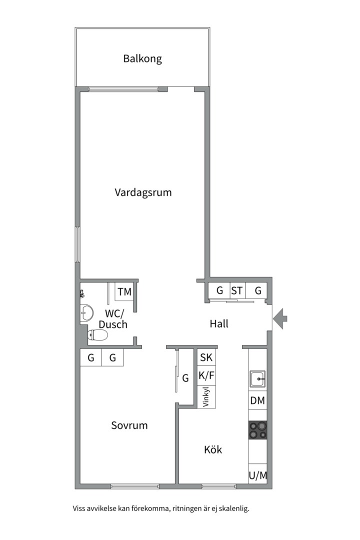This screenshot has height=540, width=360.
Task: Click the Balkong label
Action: (142, 58)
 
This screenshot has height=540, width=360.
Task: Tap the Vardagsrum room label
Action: (143, 192)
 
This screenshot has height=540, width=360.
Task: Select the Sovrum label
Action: (129, 425)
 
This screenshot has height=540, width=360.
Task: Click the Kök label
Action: (213, 449)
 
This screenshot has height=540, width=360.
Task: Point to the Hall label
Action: (219, 323)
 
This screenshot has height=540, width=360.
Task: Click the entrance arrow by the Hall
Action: (280, 319)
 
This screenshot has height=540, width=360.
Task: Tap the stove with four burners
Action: (257, 430)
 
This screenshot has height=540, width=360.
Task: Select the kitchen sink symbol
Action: (257, 379)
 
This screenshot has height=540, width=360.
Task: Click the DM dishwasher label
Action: (257, 400)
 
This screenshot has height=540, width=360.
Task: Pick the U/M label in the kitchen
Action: (258, 475)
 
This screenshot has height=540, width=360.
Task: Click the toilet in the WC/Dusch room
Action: (97, 334)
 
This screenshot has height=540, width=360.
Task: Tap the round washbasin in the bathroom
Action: (87, 313)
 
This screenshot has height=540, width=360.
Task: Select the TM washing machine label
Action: (124, 292)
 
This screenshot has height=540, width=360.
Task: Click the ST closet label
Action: (236, 291)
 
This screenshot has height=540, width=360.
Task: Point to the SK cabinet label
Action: (206, 357)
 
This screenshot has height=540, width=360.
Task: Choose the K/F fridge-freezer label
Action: (206, 375)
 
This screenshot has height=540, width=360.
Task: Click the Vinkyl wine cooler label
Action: (206, 396)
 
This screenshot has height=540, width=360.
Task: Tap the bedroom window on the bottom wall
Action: (134, 486)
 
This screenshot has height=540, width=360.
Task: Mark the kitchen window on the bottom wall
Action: (219, 486)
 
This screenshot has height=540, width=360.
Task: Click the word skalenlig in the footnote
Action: (234, 508)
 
